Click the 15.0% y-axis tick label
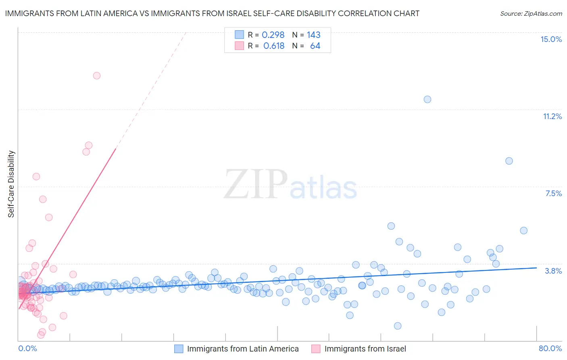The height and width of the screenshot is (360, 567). coord(551,39)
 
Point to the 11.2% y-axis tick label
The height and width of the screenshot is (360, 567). coord(552,116)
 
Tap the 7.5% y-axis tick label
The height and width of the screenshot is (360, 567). coord(553,193)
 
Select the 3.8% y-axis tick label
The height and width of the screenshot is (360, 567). coord(553,271)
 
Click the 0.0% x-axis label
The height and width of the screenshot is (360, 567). coord(27,348)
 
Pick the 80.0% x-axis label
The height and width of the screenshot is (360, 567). coord(550,348)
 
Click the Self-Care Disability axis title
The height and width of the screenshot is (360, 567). coord(11,184)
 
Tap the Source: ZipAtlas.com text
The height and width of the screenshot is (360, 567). coord(531,13)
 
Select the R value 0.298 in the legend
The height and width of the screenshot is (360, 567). coord(273,35)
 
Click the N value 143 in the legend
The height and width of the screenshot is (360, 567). coord(313,35)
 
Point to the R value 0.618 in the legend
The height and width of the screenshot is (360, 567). coord(274,46)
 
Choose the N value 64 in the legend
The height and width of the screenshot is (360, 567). coord(315,46)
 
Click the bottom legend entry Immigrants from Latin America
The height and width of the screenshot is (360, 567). coord(243,349)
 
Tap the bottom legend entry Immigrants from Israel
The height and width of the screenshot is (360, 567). coord(365,349)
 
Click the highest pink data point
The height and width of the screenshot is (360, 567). coord(97,75)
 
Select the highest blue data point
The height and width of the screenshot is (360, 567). coord(427,99)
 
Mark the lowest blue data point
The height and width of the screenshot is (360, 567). coord(398,326)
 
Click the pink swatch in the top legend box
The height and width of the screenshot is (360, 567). coord(240,46)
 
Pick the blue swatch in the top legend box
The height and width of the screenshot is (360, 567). coord(240,35)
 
